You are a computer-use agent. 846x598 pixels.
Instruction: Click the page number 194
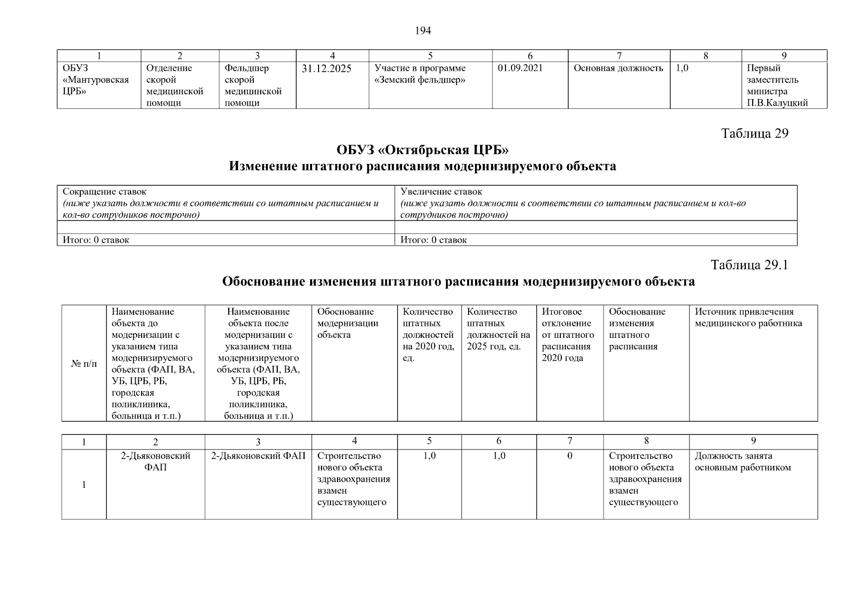point(423,31)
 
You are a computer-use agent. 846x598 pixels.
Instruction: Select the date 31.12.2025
point(326,69)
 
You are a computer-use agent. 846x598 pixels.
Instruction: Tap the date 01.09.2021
point(520,68)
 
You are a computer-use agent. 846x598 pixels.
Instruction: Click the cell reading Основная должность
point(618,68)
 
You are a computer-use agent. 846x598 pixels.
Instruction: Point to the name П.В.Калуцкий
point(777,103)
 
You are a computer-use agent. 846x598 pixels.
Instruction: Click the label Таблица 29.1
point(749,265)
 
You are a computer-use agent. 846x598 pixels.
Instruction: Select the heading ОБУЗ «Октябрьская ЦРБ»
point(422,150)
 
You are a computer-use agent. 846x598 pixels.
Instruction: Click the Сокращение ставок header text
point(105,192)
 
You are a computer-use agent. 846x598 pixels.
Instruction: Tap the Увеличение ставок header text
point(441,192)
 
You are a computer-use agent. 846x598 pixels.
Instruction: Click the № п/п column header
point(84,364)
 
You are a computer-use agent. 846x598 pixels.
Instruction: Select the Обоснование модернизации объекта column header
point(347,323)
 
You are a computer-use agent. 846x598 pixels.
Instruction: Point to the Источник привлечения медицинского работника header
point(748,317)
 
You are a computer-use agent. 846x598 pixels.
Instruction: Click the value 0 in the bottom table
point(570,456)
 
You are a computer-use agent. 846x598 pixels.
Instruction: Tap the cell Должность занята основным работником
point(743,462)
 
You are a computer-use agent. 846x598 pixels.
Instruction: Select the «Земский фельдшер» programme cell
point(420,74)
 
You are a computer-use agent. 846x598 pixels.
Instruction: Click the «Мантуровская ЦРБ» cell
point(95,80)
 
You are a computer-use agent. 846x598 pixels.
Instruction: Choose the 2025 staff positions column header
point(498,329)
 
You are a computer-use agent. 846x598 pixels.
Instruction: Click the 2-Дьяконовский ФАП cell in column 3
point(258,456)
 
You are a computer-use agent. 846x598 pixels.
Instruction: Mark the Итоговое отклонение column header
point(568,335)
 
